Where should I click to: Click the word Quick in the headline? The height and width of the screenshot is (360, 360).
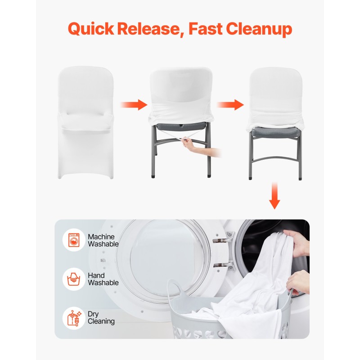tap(91, 29)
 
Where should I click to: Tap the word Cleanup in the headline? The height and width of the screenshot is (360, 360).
tap(259, 29)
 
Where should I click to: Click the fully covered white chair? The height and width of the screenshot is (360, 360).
tap(85, 122)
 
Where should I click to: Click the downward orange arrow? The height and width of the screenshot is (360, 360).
tap(274, 196)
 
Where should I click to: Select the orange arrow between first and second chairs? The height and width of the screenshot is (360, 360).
tap(134, 105)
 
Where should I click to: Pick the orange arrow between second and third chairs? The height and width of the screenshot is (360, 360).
tap(230, 105)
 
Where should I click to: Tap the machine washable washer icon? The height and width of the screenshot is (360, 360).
tap(74, 240)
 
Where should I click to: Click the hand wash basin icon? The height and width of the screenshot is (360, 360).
tap(74, 279)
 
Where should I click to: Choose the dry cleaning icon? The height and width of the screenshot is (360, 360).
tap(74, 318)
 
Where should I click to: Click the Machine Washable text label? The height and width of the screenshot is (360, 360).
tap(103, 240)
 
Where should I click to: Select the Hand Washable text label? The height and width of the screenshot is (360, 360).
tap(103, 279)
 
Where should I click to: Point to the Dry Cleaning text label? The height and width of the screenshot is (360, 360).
tap(101, 318)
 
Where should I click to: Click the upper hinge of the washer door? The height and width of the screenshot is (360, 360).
tap(224, 238)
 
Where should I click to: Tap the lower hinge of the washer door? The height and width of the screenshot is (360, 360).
tap(224, 265)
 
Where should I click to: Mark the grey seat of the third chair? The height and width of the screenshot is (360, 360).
tap(275, 132)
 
